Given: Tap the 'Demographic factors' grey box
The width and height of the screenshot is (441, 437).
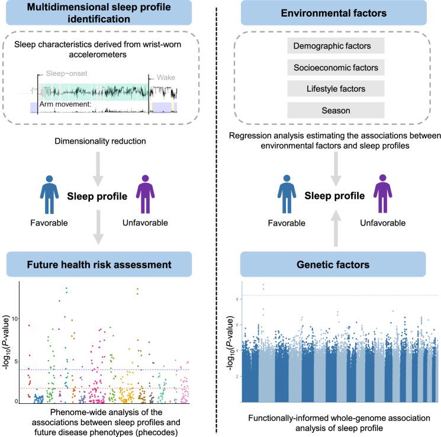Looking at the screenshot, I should [336, 45].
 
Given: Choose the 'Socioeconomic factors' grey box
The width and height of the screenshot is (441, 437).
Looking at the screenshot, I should [336, 67].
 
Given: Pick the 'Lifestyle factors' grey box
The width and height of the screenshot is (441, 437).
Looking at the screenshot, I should [336, 89].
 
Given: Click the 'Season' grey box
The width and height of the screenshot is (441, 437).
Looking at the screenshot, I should [336, 110].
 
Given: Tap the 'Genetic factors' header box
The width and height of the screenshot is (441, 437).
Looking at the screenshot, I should [336, 264].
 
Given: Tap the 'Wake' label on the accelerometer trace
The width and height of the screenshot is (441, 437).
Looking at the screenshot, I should [166, 78].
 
